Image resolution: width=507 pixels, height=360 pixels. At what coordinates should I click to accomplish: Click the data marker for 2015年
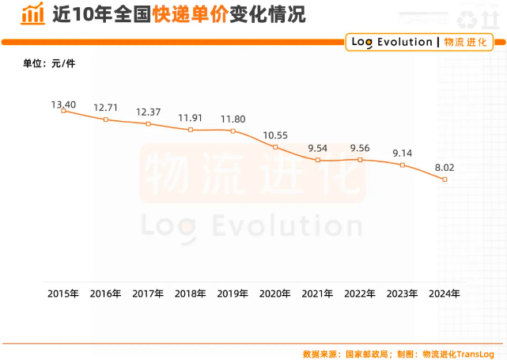click(x=63, y=111)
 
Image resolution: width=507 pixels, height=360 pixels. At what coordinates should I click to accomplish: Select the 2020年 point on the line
click(x=275, y=147)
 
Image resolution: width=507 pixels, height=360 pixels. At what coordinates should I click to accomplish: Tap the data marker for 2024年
click(x=445, y=180)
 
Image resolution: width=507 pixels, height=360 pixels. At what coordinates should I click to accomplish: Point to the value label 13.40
click(x=63, y=104)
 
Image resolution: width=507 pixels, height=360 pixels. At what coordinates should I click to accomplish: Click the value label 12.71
click(x=105, y=107)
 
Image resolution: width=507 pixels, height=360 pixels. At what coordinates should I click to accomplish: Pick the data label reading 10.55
click(x=275, y=135)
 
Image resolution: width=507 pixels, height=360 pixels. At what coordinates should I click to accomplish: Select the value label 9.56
click(x=360, y=147)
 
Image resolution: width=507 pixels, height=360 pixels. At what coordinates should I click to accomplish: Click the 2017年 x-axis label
click(x=148, y=294)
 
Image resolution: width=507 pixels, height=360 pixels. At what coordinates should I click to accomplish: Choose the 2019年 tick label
click(x=233, y=294)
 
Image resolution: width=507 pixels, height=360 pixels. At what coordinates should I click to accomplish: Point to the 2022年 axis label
click(x=360, y=294)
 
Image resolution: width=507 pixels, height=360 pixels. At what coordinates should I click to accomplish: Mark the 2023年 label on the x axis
click(x=403, y=294)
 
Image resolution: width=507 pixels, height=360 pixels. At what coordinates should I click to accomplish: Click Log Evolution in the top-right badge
click(x=391, y=42)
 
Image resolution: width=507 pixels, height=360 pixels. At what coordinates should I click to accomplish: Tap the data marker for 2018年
click(x=191, y=130)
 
